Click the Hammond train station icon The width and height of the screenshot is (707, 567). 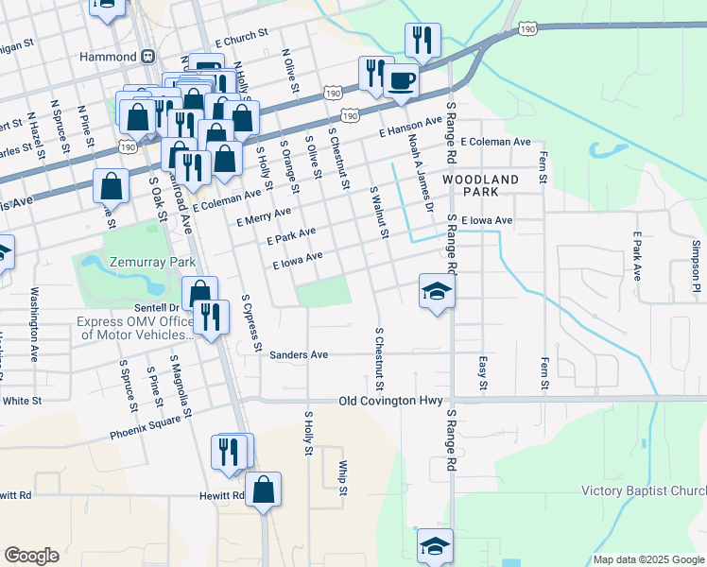149,57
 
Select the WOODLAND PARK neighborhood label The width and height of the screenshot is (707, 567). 479,184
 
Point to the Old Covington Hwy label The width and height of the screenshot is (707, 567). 390,402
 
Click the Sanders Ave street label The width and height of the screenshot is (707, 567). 299,355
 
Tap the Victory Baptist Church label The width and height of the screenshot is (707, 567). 643,490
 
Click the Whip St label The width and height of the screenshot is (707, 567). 343,478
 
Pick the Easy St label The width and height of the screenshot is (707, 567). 483,372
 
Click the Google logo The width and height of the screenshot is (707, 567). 31,556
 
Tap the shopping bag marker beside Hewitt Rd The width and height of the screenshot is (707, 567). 265,490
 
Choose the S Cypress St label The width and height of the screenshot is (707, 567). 250,323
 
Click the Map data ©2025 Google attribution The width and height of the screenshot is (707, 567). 647,559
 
